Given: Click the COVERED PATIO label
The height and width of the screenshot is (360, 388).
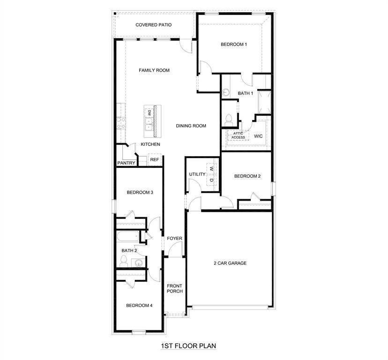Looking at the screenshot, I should (x=153, y=25).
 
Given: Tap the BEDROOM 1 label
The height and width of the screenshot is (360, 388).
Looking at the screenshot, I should (x=234, y=45).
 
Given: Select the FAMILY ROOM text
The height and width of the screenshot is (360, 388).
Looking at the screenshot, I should (x=154, y=70).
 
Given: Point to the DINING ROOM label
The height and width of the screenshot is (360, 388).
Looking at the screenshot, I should (x=191, y=126).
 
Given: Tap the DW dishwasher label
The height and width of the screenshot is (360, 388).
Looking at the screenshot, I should (x=149, y=112).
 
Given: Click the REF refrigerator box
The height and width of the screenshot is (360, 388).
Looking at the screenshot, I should (x=154, y=159).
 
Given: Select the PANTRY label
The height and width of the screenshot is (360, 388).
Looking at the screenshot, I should (x=126, y=163).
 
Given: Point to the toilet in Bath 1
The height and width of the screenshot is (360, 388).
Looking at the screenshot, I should (x=230, y=120).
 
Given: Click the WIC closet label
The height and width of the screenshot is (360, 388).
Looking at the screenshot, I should (x=258, y=136).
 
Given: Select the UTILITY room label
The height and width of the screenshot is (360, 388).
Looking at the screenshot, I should (x=197, y=174).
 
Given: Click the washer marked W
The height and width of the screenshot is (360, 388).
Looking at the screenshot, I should (x=211, y=169).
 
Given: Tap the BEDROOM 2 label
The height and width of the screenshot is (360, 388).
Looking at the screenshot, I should (x=247, y=176).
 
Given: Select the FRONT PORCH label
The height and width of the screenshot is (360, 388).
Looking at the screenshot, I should (x=175, y=288).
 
